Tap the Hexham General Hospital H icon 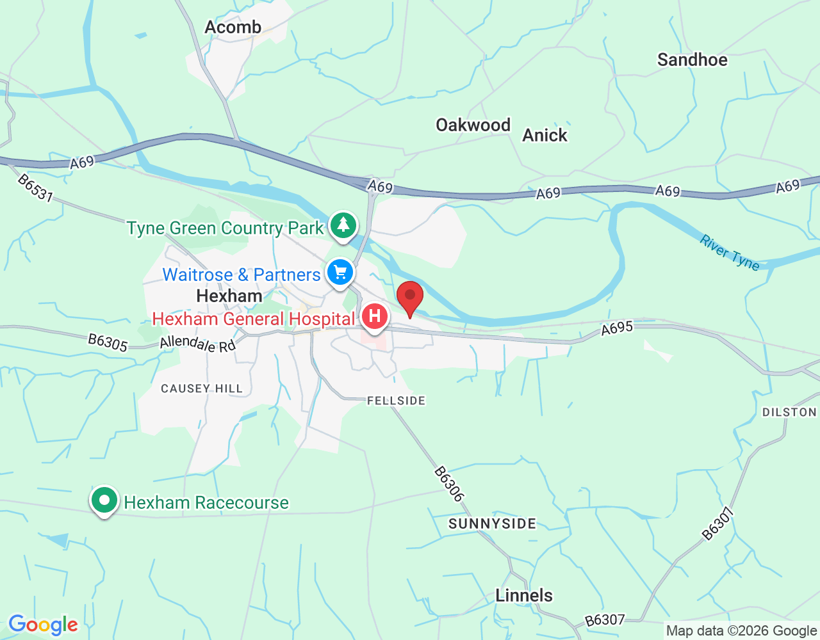point(374,316)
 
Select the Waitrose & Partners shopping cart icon point(340,273)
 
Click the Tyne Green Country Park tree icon point(343,225)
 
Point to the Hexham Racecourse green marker point(104,501)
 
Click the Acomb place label point(233,27)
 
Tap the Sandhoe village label point(692,60)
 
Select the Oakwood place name point(473,125)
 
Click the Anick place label point(545,135)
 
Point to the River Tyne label point(729,253)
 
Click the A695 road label point(617,328)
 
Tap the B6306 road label point(448,484)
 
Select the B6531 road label point(35,188)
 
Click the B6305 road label point(108,342)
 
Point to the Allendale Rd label point(197,344)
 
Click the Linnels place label point(523,595)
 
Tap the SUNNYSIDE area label point(492,524)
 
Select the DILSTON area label point(789,412)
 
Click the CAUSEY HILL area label point(202,388)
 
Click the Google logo point(43,625)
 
